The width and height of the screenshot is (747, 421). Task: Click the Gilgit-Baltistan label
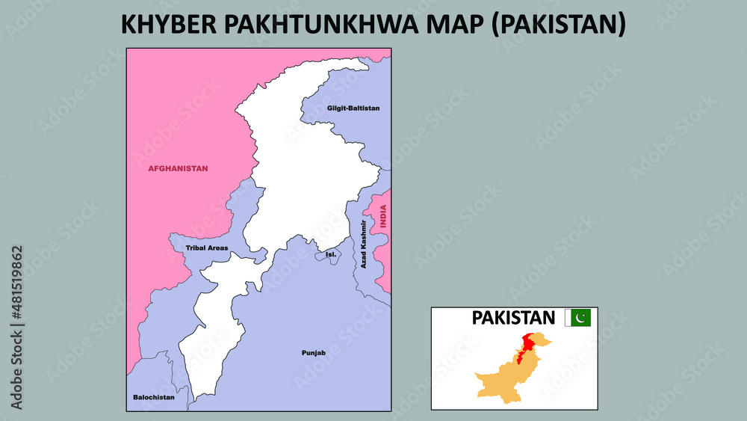(353, 108)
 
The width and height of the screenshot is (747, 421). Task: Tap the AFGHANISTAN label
(178, 168)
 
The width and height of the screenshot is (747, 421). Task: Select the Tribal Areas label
(207, 248)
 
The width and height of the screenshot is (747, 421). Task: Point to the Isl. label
(331, 254)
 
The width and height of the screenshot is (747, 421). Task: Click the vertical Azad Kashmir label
(364, 245)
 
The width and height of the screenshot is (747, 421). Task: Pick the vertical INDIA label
(383, 216)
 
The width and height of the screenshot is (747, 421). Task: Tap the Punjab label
(314, 352)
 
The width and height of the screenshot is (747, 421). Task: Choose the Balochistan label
(153, 397)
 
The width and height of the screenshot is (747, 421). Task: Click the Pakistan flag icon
(577, 318)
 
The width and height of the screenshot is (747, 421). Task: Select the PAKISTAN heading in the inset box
(513, 318)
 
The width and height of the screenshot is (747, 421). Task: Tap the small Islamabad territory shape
(327, 256)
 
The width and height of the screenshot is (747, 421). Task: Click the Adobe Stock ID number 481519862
(16, 328)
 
